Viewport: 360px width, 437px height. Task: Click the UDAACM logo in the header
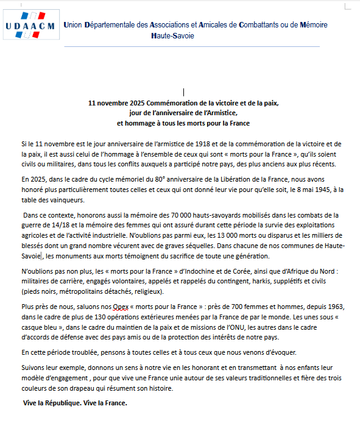coord(29,25)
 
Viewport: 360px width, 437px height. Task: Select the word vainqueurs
coord(68,200)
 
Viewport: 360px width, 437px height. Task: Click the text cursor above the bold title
coord(183,93)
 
